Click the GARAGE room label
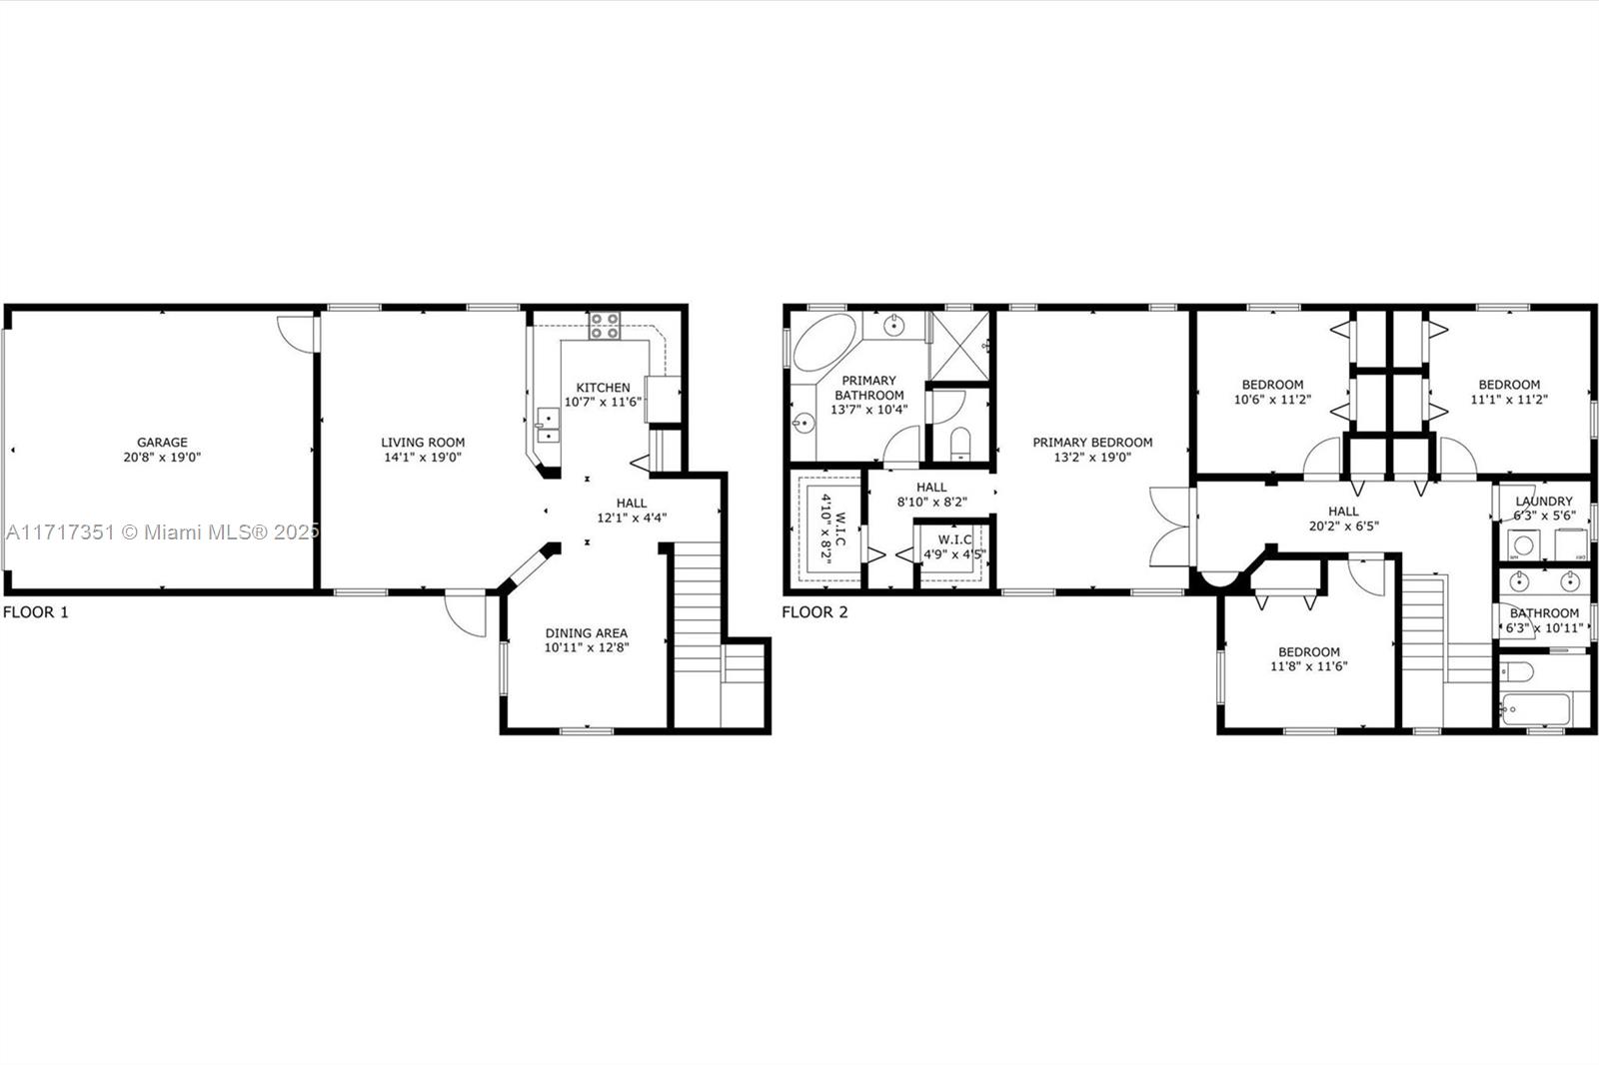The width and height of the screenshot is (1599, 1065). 162,442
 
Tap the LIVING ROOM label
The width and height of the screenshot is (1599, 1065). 423,442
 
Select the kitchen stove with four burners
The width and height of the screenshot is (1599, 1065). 604,326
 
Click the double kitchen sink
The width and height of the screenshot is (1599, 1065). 548,426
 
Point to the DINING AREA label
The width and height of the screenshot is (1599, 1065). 586,632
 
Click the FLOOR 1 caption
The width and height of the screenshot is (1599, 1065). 36,611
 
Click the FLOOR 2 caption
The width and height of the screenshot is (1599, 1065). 814,611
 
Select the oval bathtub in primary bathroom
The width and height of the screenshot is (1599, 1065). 824,342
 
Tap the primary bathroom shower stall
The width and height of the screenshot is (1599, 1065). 960,347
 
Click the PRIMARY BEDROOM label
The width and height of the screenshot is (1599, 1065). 1092,442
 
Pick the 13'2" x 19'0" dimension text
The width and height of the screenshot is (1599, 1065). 1092,457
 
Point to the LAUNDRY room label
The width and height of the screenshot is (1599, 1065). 1544,502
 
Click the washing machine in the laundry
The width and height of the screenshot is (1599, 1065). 1524,545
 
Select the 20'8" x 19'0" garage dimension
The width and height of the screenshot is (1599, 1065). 162,457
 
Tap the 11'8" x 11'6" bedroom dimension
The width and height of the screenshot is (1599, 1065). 1308,666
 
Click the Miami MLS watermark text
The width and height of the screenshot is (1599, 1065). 162,532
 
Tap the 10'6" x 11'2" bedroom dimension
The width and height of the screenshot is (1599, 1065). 1272,400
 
